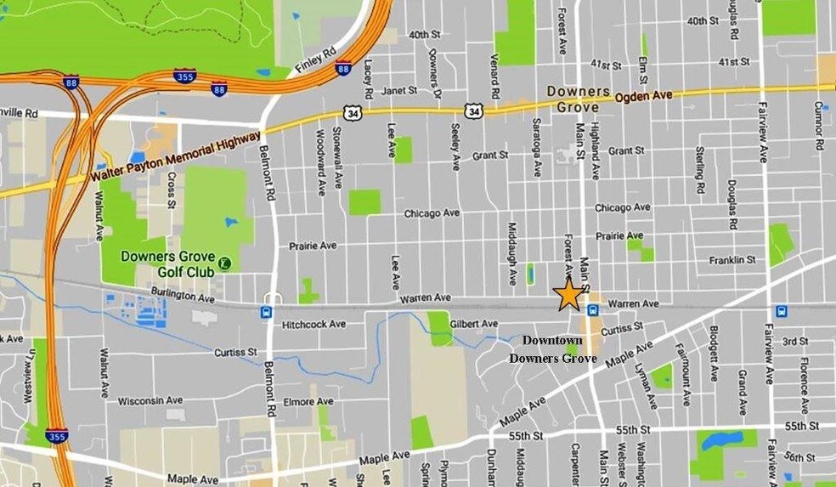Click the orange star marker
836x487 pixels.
coord(568,294)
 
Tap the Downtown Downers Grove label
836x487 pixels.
coord(552,349)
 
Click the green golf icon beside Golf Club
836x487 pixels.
coord(223,263)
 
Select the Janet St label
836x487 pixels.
coord(399,90)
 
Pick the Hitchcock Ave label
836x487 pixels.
coord(314,324)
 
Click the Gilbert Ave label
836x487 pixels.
coord(474,324)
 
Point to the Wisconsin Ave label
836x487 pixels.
coord(150,400)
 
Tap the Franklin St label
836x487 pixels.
coord(734,259)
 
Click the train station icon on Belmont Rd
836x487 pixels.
coord(267,312)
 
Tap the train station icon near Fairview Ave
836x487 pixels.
coord(781,311)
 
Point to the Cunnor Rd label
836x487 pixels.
coord(819,126)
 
